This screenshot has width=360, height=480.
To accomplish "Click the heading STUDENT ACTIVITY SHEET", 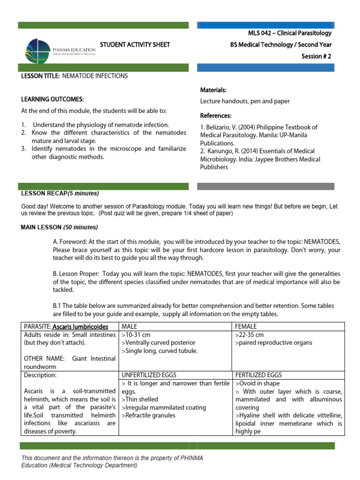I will pos(135,45).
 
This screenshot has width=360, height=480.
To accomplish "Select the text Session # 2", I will pos(316,56).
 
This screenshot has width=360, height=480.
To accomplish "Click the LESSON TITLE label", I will pos(40,75).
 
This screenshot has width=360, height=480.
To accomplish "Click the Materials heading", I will pos(213,90).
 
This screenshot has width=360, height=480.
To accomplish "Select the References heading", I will pos(216,115).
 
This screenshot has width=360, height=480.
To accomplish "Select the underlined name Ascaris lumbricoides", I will pos(80,326).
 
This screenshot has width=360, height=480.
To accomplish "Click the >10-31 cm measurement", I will pos(136,335).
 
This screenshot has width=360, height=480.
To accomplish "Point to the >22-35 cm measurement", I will pos(250,335).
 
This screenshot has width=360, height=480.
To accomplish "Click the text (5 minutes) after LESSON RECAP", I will pos(83,193).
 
